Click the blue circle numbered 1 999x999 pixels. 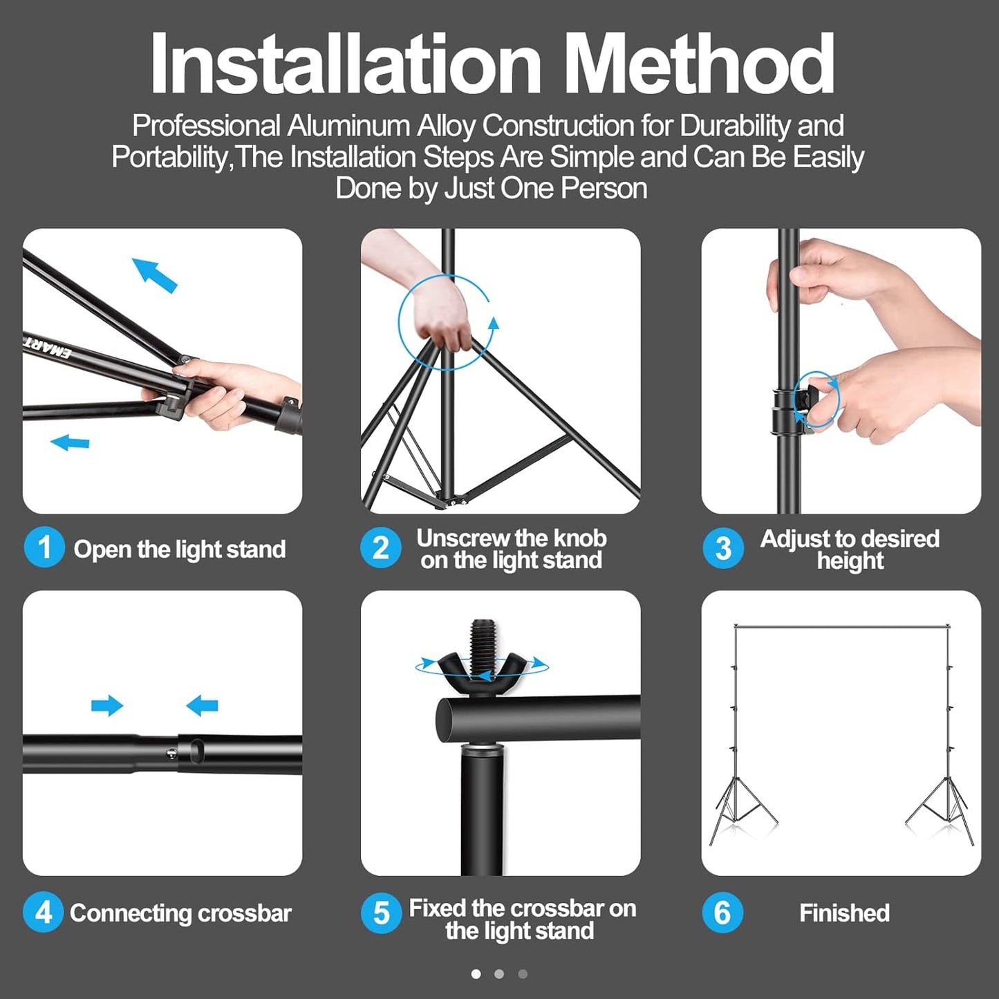click(x=44, y=548)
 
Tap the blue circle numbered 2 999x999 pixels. click(x=381, y=548)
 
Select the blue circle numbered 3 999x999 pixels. click(x=723, y=549)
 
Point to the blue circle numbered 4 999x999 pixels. click(x=44, y=913)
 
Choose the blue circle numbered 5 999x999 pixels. click(x=381, y=913)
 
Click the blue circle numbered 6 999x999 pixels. click(x=722, y=913)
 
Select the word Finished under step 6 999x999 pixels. click(x=844, y=913)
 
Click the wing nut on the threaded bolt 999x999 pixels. click(x=482, y=666)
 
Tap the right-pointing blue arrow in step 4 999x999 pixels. click(x=107, y=706)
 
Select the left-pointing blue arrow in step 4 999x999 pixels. click(x=202, y=706)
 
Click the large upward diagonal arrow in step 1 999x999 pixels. click(x=155, y=274)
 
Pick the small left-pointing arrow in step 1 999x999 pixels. click(x=70, y=442)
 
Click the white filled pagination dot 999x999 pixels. click(x=476, y=974)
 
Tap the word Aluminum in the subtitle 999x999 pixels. click(x=348, y=126)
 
